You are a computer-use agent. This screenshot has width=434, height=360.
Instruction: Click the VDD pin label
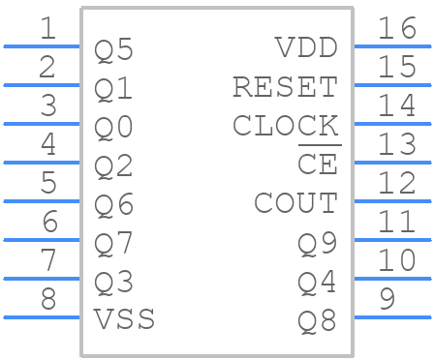coord(306,48)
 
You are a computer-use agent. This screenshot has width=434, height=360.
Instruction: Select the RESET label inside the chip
coord(285,87)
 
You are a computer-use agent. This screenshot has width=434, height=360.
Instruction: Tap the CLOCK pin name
coord(285,126)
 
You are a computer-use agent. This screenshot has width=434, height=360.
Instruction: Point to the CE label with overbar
coord(317,165)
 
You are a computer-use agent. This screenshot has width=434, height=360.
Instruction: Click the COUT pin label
coord(295,203)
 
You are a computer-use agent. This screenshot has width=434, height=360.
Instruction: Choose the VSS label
coord(124,318)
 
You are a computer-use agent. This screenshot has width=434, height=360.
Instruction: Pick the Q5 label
coord(113,50)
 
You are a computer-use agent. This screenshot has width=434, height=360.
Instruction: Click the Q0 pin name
coord(113,128)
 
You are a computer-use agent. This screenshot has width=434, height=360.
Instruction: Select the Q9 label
coord(317,244)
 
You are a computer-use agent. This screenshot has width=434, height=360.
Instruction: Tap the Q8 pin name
coord(317,320)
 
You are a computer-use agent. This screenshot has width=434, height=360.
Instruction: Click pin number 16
coord(397,28)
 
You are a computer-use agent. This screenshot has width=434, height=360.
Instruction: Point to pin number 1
coord(47,28)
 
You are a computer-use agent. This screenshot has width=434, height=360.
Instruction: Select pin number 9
coord(387,299)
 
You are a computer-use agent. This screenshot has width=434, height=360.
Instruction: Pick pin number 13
coord(397,144)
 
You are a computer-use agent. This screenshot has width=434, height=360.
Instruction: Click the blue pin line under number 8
coord(42,316)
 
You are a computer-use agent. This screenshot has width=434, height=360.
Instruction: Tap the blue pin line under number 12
coord(391,200)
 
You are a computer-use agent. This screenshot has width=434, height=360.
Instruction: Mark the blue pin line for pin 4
coord(42,162)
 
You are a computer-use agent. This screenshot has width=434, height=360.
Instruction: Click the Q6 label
coord(113,205)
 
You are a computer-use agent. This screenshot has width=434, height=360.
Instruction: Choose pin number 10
coord(397,260)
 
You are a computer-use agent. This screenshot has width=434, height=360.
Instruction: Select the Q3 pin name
coord(113,283)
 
